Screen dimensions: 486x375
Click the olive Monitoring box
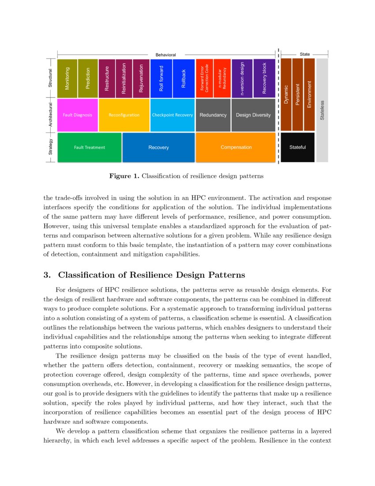tap(67, 78)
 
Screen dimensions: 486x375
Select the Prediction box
tap(88, 78)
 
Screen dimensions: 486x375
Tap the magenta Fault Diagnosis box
tap(78, 115)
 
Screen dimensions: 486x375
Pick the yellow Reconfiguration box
tap(124, 115)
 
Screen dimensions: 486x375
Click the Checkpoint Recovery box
tap(172, 115)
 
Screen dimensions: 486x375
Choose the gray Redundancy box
tap(213, 115)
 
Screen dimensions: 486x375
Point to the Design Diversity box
tap(253, 115)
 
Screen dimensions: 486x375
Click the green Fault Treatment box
tap(89, 147)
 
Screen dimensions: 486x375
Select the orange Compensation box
tap(236, 147)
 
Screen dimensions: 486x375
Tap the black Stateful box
tap(297, 147)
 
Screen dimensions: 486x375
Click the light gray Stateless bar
tap(322, 110)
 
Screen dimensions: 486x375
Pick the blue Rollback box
tap(184, 78)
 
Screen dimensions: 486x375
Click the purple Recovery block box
tap(265, 78)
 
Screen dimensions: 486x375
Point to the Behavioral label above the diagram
tap(165, 55)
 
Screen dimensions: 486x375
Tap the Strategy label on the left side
tap(51, 147)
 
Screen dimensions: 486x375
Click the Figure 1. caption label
tap(124, 176)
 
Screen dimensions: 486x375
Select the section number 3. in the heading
tap(47, 275)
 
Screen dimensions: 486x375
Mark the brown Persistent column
tap(298, 94)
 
